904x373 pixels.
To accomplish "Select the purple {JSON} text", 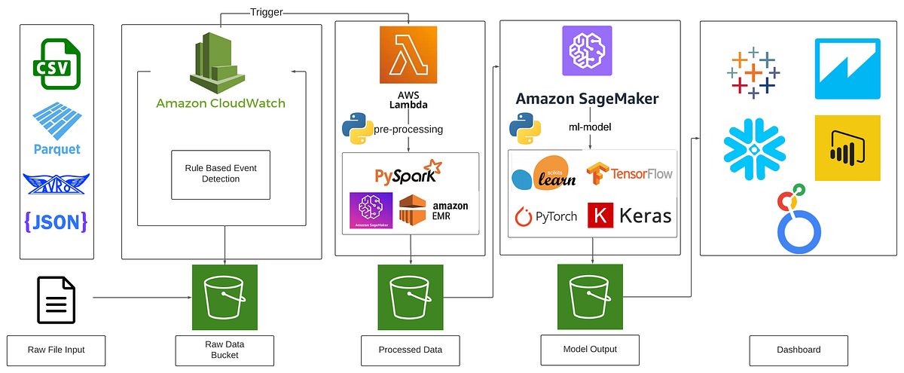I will (x=56, y=221).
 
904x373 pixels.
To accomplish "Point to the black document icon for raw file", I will (x=56, y=299).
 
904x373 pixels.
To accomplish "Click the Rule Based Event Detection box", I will (x=221, y=173).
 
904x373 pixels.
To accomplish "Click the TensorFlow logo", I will (x=629, y=173).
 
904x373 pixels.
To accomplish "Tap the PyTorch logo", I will (x=545, y=216).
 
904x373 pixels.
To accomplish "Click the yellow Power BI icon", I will (x=847, y=148).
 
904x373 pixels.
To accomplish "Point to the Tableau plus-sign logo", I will (x=754, y=73).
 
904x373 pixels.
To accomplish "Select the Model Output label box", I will (x=590, y=349).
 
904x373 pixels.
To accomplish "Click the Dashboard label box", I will (x=798, y=350).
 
